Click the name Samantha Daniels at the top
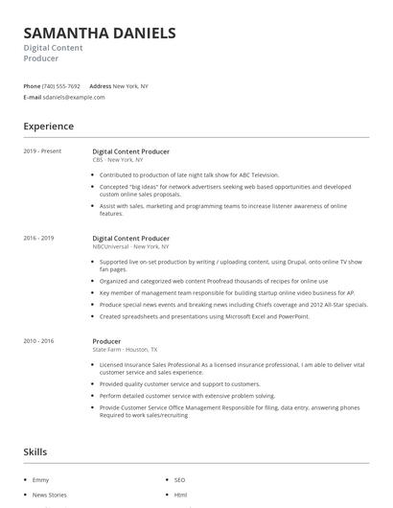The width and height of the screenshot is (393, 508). click(100, 33)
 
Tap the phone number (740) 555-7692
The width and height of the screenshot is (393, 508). click(61, 86)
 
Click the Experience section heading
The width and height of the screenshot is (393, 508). click(48, 126)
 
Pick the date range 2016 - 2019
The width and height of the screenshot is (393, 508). click(38, 238)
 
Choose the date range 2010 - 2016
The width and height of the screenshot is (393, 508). click(38, 341)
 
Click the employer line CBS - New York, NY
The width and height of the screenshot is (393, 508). click(125, 160)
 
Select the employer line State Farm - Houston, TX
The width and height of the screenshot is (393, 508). click(126, 350)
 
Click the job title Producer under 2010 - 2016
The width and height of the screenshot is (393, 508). click(106, 341)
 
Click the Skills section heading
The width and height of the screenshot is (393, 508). click(36, 450)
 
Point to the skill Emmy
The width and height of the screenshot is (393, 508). click(41, 478)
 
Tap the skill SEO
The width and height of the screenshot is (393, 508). click(179, 478)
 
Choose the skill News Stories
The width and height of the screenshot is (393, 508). click(49, 495)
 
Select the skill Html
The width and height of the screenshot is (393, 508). click(180, 495)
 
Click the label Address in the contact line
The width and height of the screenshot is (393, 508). click(100, 86)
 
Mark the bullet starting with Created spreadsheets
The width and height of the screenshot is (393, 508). click(204, 315)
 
